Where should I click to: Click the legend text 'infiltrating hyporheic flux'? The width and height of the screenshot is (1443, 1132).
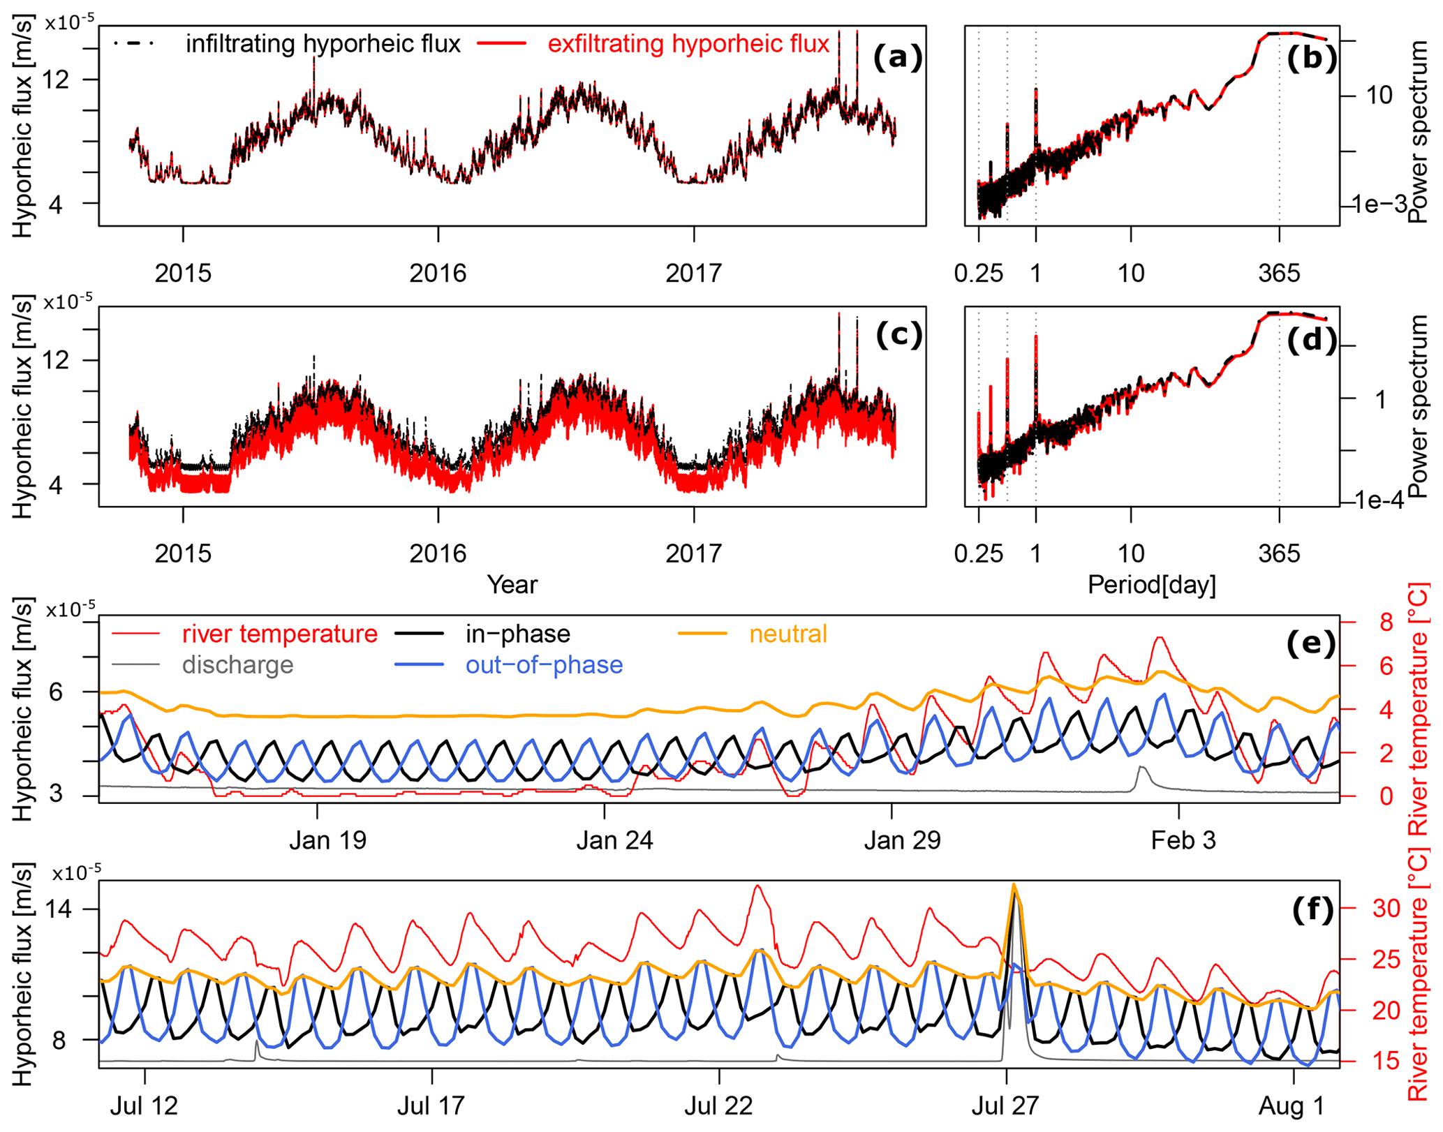pyautogui.click(x=323, y=44)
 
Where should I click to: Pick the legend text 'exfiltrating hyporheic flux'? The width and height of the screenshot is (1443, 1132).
pyautogui.click(x=688, y=44)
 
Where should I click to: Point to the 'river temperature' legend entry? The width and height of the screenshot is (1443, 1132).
pyautogui.click(x=279, y=634)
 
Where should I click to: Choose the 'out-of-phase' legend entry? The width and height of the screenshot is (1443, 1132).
pyautogui.click(x=544, y=665)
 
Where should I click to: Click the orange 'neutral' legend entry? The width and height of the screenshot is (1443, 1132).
pyautogui.click(x=787, y=634)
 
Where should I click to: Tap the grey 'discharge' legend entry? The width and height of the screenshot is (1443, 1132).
pyautogui.click(x=237, y=665)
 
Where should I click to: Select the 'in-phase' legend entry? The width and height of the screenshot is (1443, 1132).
pyautogui.click(x=517, y=634)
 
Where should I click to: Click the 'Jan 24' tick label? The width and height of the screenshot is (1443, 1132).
pyautogui.click(x=614, y=840)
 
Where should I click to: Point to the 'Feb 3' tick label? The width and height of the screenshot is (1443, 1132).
pyautogui.click(x=1183, y=840)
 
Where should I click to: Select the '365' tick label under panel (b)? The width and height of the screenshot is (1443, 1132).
pyautogui.click(x=1279, y=273)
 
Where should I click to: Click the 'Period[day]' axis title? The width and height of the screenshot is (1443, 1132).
pyautogui.click(x=1151, y=584)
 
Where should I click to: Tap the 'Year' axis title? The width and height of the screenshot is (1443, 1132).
pyautogui.click(x=512, y=584)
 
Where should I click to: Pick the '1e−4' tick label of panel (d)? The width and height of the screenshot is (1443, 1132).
pyautogui.click(x=1379, y=500)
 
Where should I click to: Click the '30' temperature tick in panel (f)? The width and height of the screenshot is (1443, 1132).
pyautogui.click(x=1386, y=908)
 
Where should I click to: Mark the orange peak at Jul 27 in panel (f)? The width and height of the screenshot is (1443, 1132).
pyautogui.click(x=1014, y=886)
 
